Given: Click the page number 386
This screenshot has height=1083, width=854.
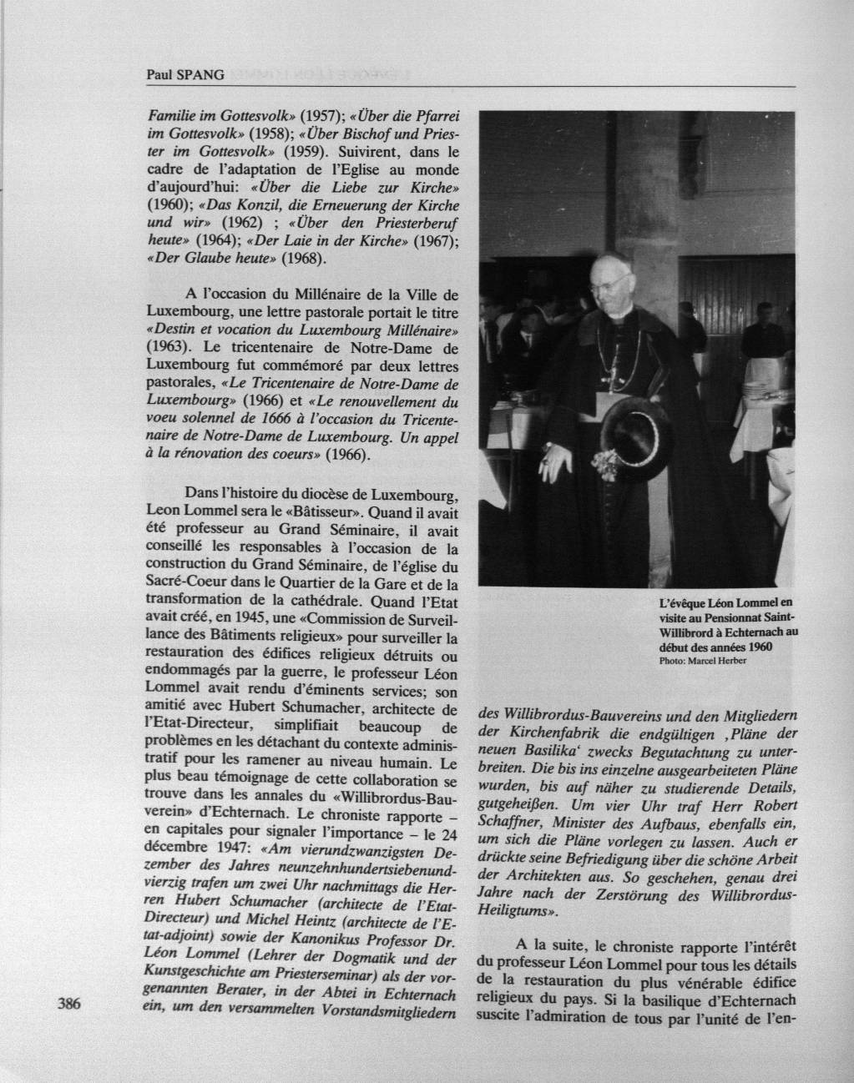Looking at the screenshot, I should [x=68, y=1004].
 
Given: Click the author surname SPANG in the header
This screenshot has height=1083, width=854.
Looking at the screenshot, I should [x=205, y=75].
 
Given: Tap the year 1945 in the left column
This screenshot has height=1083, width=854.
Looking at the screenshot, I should [x=249, y=617].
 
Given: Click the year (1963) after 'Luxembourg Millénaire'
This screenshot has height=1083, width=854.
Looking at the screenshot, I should [x=169, y=344].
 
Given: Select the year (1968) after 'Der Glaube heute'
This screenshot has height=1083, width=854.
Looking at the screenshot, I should [x=304, y=258].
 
